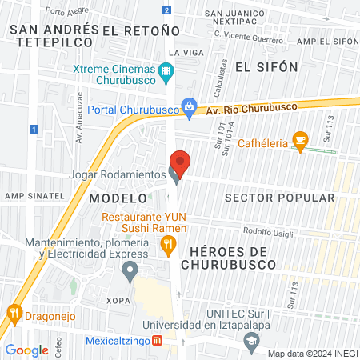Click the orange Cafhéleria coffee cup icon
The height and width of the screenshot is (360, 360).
(300, 142)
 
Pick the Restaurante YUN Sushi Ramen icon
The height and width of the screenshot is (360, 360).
(168, 247)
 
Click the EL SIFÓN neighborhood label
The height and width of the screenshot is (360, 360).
(266, 66)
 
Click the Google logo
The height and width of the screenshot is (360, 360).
(26, 350)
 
